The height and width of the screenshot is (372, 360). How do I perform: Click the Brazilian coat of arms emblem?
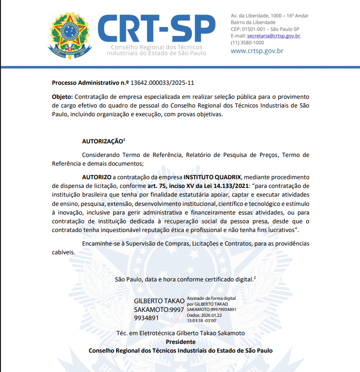70,35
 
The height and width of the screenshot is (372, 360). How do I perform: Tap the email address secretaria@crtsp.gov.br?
273,36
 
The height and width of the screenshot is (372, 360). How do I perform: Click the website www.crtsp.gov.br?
257,50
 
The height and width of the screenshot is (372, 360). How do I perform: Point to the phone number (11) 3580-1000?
247,43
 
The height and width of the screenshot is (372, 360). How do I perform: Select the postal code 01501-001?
255,29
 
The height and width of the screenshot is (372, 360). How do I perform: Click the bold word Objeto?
62,97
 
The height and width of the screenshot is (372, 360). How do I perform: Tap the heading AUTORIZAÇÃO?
103,141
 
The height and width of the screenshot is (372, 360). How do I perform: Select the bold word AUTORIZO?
97,177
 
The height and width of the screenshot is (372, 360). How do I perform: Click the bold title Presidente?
180,341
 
